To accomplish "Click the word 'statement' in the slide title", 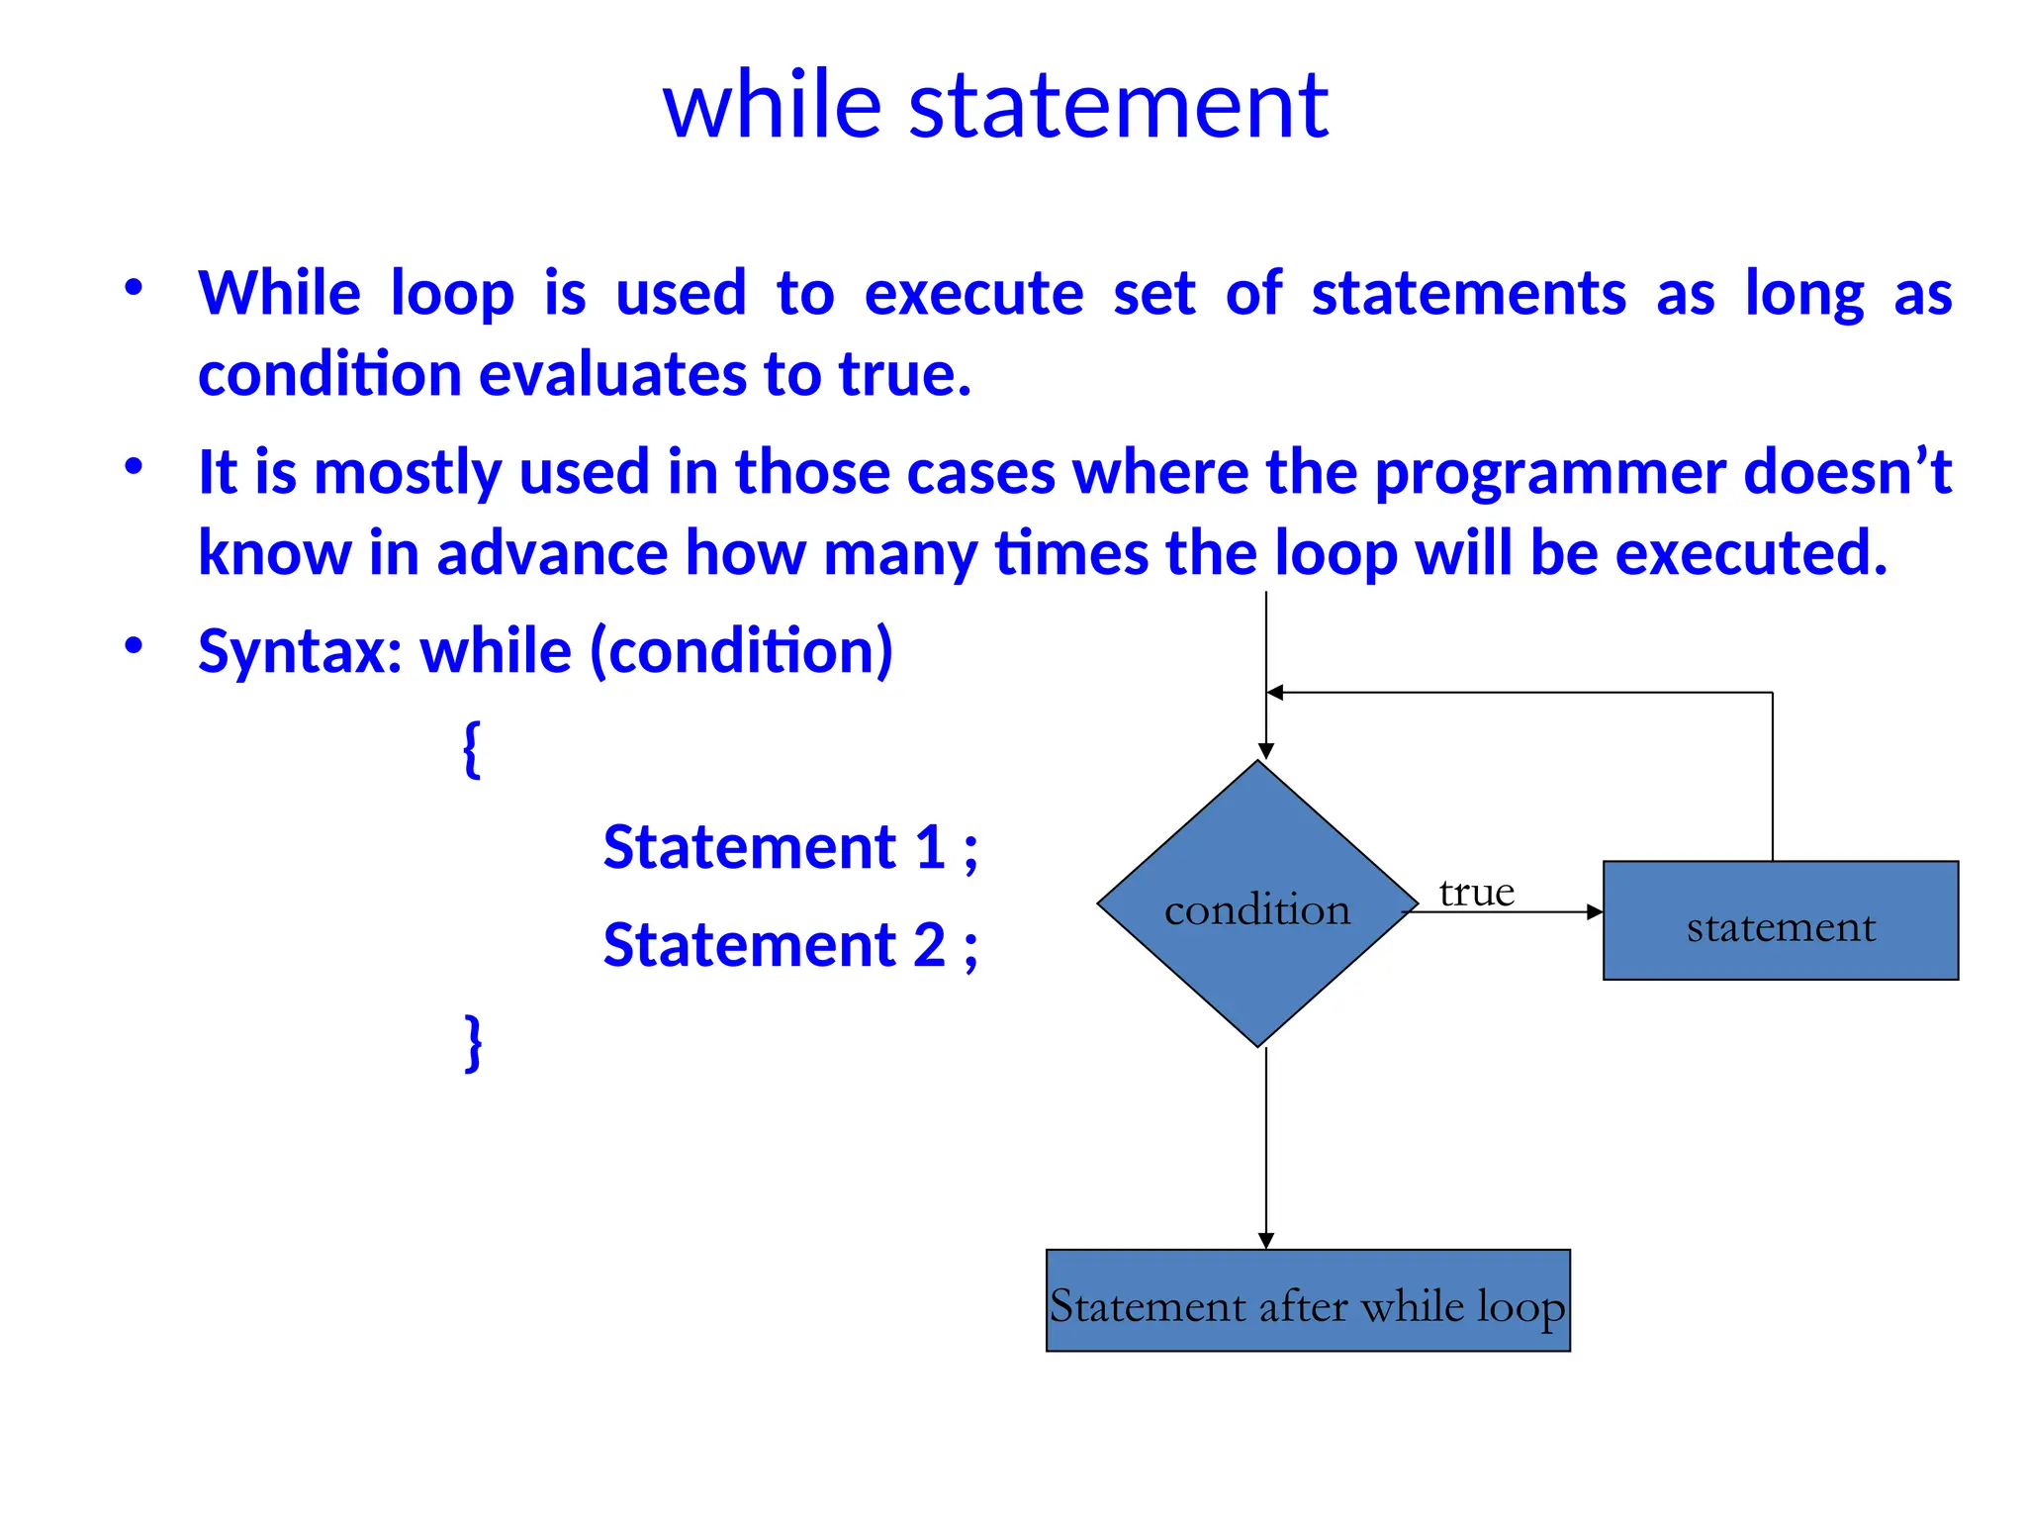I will click(1118, 107).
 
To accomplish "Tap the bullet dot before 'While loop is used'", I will click(134, 288).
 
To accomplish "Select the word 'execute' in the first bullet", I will click(973, 294).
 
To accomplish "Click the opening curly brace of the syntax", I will click(472, 749).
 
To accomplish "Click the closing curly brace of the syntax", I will click(474, 1042).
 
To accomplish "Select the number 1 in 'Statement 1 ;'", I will click(929, 848).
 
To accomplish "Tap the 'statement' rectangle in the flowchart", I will click(1780, 921).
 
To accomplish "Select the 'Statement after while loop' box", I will click(1307, 1301).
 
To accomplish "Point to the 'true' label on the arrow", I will click(1476, 893).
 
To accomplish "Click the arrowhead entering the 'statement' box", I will click(1594, 912).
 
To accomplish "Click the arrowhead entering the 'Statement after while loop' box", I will click(1266, 1241).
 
